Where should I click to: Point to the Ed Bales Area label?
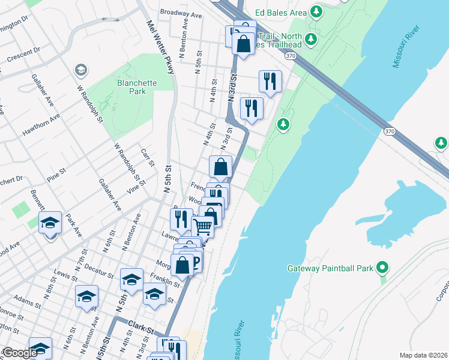(x=281, y=12)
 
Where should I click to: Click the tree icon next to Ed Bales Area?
(x=316, y=12)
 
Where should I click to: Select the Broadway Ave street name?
(x=181, y=13)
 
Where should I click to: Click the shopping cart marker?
(x=203, y=226)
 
